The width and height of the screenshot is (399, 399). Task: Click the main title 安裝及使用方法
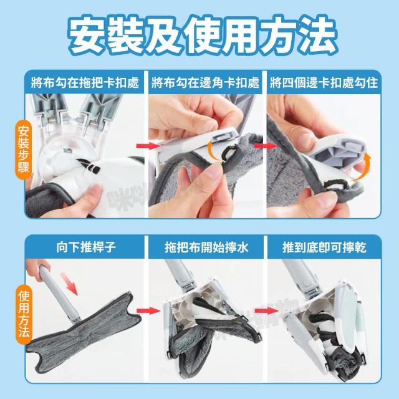[199, 35]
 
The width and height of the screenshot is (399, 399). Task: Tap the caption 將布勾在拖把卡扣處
[85, 83]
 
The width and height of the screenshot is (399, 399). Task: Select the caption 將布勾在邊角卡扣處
[206, 83]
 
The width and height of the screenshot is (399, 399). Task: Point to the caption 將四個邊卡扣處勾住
[324, 83]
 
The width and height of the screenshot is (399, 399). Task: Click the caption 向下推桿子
[86, 247]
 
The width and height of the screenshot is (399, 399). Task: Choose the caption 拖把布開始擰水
[206, 247]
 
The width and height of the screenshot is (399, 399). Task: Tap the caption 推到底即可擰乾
[325, 247]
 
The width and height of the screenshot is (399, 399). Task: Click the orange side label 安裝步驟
[24, 150]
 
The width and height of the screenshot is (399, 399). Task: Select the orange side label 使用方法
[24, 314]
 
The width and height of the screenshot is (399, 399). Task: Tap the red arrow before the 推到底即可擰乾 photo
[266, 310]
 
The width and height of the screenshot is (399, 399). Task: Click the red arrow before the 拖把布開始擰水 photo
[148, 310]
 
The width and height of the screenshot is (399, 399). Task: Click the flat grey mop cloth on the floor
[84, 331]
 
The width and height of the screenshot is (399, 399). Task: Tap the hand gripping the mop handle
[38, 270]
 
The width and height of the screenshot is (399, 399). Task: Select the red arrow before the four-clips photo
[266, 146]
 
